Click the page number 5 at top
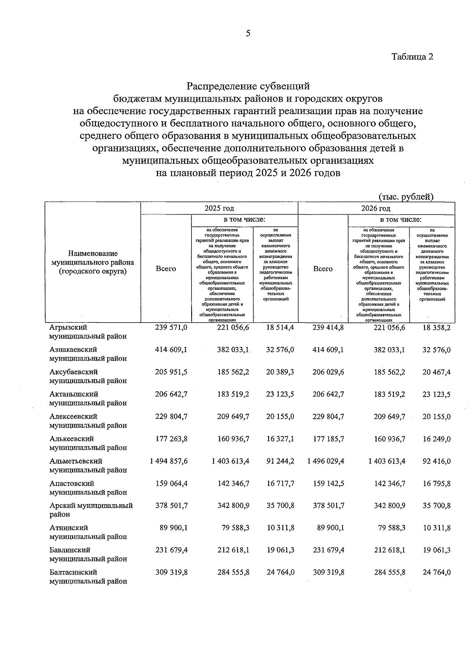(248, 34)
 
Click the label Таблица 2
(412, 57)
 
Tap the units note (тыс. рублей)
(406, 197)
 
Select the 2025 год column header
(219, 208)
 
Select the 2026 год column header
(376, 208)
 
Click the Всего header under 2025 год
(166, 269)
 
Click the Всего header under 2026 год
(323, 269)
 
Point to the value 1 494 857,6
(169, 461)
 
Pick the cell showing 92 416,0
(436, 461)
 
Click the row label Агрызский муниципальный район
(88, 332)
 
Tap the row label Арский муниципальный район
(91, 510)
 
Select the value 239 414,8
(328, 327)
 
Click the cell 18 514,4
(280, 327)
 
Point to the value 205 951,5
(171, 372)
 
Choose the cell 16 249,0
(436, 439)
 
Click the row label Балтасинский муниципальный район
(88, 576)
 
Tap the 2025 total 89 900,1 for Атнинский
(173, 528)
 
